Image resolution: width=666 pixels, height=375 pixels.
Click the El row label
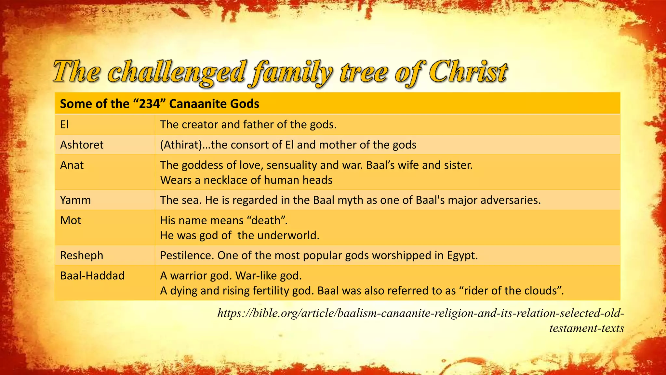[x=64, y=124]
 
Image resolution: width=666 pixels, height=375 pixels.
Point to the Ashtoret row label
[x=82, y=145]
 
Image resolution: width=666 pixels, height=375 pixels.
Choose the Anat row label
[x=72, y=165]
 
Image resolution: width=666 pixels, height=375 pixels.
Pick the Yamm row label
[x=75, y=200]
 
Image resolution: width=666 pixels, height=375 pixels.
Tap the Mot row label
[x=71, y=220]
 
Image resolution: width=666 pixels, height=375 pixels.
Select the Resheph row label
[x=82, y=255]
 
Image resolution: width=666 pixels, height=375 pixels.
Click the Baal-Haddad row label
[x=92, y=276]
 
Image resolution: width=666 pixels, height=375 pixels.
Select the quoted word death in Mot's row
[x=266, y=220]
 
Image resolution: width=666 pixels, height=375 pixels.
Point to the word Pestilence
[x=187, y=255]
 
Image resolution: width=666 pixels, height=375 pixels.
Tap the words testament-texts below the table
[x=586, y=328]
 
